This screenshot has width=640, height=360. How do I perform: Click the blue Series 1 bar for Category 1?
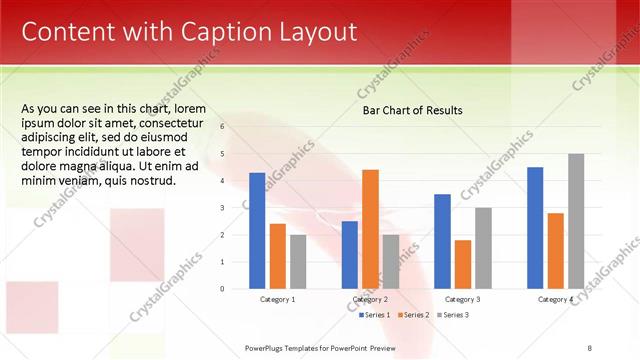[x=257, y=231]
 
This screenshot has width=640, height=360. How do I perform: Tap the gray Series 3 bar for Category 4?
[x=576, y=221]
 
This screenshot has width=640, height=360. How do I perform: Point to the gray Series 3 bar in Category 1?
[x=299, y=262]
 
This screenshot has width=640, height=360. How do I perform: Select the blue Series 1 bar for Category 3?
[x=443, y=241]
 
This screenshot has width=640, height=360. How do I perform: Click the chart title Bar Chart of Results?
[x=412, y=110]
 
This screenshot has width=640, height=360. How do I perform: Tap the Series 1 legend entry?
[x=376, y=315]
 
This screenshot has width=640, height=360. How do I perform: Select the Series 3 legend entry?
[x=452, y=315]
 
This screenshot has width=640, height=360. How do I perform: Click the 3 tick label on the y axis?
[x=222, y=208]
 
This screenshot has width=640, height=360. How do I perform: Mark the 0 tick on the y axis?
[x=222, y=289]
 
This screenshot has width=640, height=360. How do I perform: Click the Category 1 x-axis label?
[x=278, y=300]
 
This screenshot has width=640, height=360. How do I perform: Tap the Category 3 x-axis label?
[x=463, y=300]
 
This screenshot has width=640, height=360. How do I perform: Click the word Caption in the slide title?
[x=202, y=32]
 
